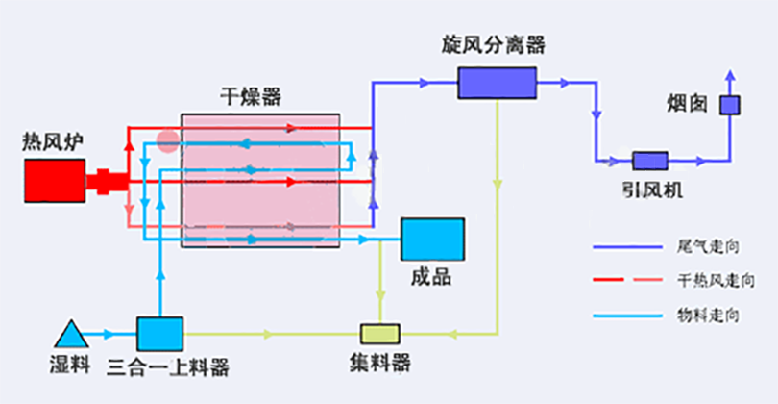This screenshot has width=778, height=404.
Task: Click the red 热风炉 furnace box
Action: [55, 180]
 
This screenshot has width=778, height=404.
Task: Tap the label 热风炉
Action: [53, 141]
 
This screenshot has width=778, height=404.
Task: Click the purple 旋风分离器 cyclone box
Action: [496, 83]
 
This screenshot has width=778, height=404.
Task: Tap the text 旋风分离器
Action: [494, 44]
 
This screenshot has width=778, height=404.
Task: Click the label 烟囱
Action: [688, 102]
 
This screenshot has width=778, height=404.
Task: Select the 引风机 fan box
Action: [649, 161]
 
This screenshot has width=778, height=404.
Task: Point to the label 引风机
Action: [650, 189]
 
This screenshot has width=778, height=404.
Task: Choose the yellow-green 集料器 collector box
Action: [380, 333]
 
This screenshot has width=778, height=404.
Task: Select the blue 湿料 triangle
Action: [70, 335]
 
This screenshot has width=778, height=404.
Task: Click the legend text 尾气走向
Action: [708, 247]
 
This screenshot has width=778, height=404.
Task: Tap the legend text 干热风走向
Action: [712, 281]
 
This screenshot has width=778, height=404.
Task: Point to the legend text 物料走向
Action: [708, 315]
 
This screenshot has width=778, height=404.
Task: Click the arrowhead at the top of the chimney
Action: [730, 75]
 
